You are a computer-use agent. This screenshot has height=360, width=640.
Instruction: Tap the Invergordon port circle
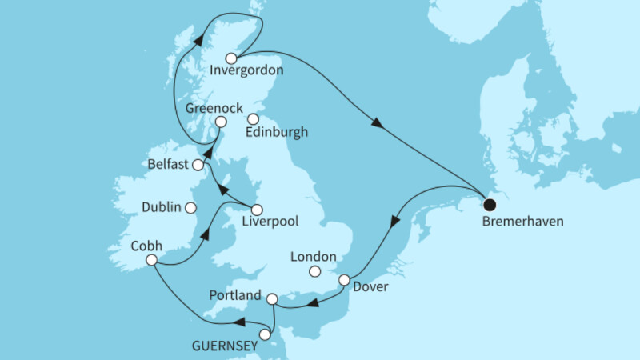point(231,58)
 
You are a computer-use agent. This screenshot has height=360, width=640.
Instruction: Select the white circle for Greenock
point(216,122)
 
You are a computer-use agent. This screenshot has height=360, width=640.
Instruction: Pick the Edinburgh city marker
point(252,119)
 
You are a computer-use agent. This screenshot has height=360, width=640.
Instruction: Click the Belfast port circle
point(197,166)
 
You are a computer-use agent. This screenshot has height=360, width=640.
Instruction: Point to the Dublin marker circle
point(190,208)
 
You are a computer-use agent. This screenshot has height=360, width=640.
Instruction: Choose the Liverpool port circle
point(256,209)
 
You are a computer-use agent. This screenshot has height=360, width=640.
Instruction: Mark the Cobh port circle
point(151,260)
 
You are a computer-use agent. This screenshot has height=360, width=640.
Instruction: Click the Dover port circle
point(345,281)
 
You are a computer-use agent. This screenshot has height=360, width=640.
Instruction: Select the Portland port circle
point(271,299)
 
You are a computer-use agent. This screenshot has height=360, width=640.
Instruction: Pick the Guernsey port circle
point(266,335)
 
